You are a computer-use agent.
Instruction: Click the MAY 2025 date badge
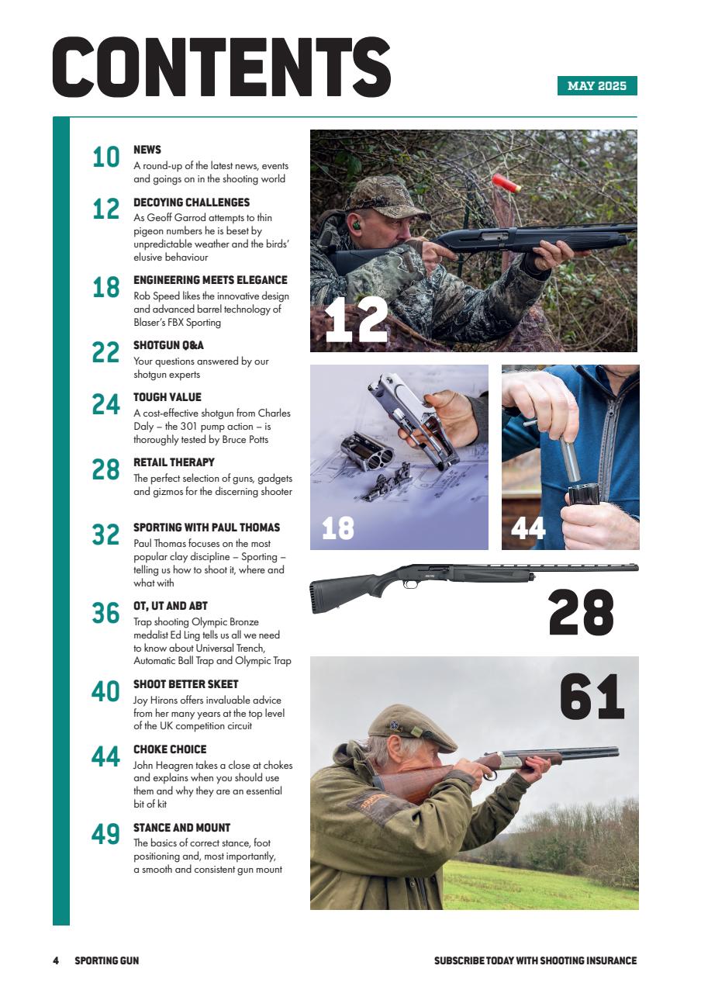(596, 86)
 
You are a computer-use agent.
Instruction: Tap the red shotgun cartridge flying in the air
(506, 183)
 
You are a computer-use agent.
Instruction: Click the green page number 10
(106, 157)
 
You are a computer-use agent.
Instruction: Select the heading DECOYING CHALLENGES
(192, 202)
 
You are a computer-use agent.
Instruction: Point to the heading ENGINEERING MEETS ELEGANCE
(210, 280)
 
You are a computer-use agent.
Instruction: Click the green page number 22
(106, 353)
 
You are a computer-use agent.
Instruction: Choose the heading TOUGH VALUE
(167, 397)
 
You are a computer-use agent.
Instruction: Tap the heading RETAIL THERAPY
(174, 462)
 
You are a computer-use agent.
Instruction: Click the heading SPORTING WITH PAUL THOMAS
(206, 528)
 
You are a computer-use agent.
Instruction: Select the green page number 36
(106, 614)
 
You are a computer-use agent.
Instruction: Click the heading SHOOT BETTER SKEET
(185, 684)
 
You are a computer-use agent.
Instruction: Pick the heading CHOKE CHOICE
(170, 749)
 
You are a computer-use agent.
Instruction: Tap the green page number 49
(106, 835)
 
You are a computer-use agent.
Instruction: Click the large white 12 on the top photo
(356, 321)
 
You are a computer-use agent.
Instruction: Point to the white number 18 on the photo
(337, 528)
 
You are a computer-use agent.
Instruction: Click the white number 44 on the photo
(528, 528)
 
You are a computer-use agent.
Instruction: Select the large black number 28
(581, 613)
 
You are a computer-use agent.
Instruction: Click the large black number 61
(592, 697)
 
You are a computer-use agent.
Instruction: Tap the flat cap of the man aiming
(410, 726)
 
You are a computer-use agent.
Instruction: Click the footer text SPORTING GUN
(106, 960)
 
